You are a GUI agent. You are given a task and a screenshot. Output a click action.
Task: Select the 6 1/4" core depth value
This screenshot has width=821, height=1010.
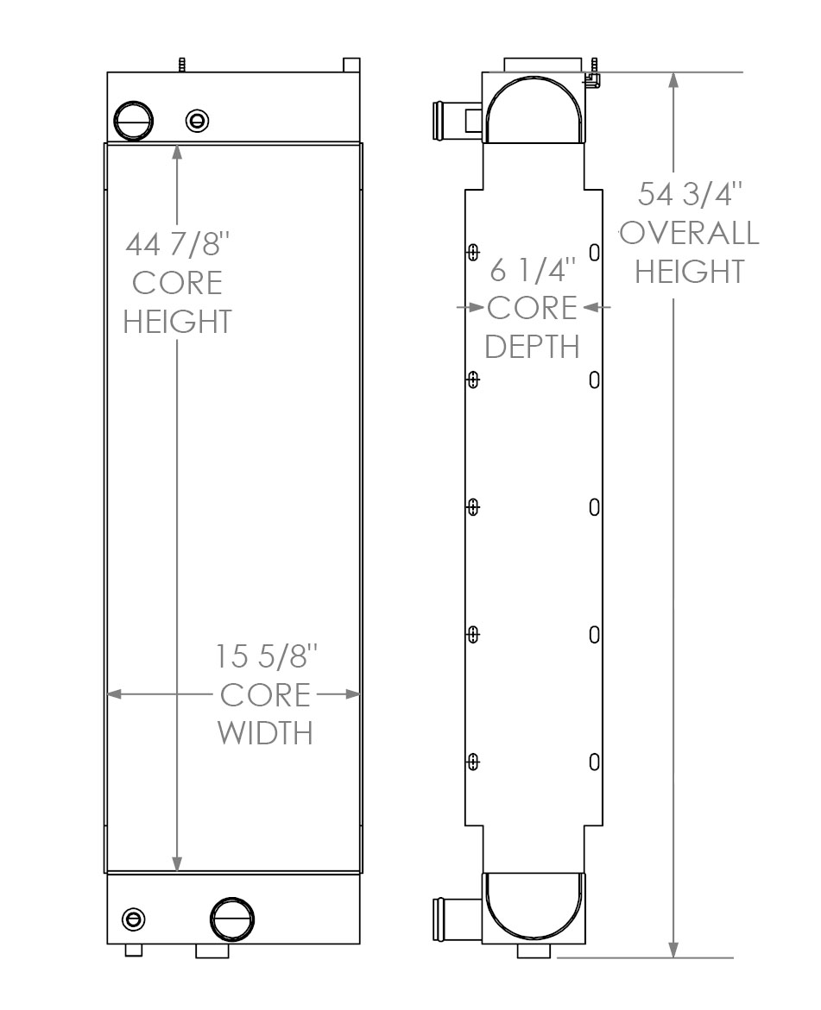(532, 270)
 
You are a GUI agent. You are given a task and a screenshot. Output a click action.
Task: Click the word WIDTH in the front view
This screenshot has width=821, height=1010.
(264, 732)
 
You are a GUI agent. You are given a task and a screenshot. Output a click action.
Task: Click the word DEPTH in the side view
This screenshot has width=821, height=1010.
(532, 346)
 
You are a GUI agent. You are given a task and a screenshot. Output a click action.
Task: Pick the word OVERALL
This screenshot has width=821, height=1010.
(689, 233)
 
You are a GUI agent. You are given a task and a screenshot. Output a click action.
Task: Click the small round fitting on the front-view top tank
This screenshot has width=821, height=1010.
(198, 121)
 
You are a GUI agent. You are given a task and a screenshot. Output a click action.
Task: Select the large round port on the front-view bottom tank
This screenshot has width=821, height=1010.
(231, 917)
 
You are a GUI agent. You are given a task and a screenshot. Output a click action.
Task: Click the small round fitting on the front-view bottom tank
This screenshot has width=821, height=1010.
(134, 919)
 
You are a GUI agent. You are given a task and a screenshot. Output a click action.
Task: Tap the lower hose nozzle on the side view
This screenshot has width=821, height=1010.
(446, 913)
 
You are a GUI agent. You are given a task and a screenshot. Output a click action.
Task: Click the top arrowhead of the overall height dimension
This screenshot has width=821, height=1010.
(673, 80)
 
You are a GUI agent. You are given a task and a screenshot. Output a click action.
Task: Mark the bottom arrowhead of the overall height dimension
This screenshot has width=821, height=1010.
(673, 948)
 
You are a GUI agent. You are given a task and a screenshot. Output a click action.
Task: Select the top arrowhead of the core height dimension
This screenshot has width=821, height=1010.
(177, 153)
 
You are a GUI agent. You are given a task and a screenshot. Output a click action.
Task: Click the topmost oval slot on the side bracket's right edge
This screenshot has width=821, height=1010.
(594, 252)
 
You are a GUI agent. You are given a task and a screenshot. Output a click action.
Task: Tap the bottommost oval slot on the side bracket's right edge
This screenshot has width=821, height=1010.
(594, 761)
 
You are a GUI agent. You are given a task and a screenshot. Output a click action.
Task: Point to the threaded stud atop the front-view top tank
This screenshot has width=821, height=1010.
(182, 66)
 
